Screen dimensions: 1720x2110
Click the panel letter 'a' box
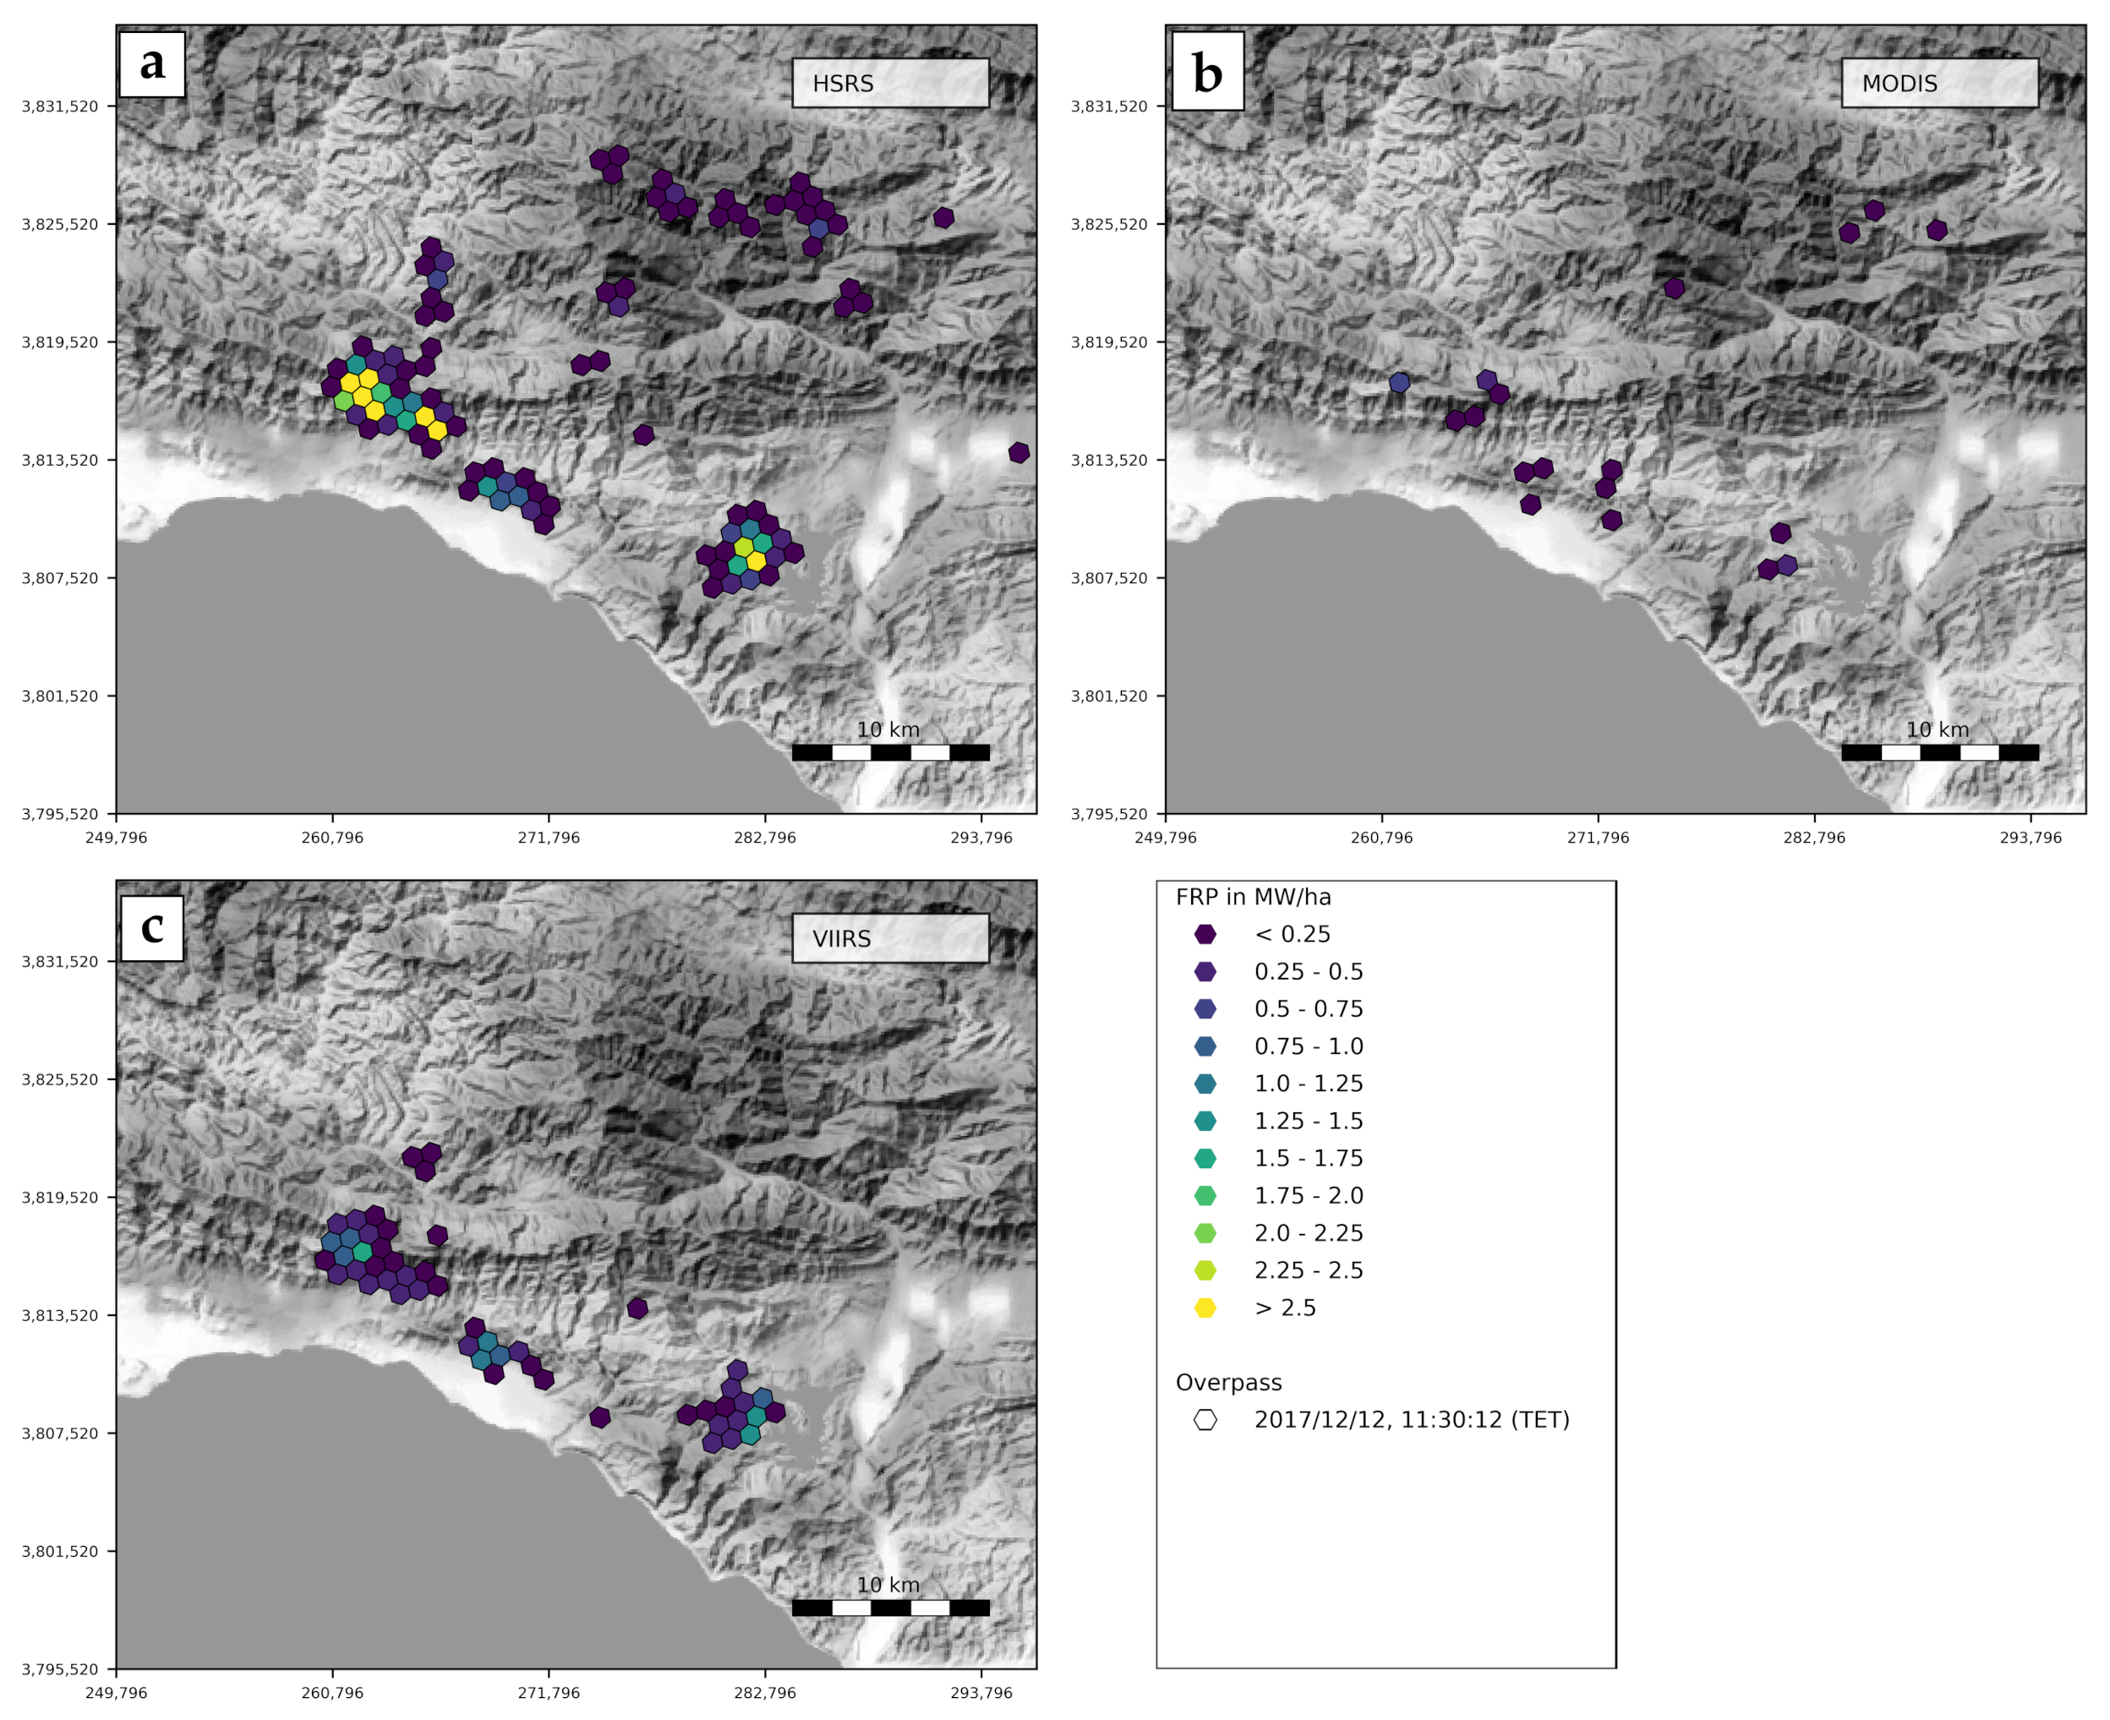click(x=151, y=64)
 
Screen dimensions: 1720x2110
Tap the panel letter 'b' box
click(x=1207, y=71)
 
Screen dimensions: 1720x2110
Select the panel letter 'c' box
click(x=151, y=927)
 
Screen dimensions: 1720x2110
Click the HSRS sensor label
click(x=889, y=83)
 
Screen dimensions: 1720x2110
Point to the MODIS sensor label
click(x=1938, y=83)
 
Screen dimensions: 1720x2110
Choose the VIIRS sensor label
click(x=889, y=938)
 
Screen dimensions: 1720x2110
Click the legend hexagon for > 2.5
click(x=1205, y=1308)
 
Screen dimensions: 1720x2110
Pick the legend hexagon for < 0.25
click(x=1205, y=934)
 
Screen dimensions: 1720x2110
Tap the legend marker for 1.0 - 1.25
click(x=1205, y=1084)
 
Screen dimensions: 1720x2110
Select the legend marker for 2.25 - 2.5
click(x=1205, y=1270)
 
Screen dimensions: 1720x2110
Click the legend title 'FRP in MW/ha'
click(x=1253, y=898)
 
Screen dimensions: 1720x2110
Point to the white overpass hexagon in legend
click(x=1205, y=1420)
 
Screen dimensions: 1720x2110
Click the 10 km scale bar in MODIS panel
click(x=1938, y=753)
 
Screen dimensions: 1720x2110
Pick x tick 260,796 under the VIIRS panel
click(x=332, y=1693)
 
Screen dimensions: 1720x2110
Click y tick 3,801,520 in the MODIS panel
click(x=1109, y=696)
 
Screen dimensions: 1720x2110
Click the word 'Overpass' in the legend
click(x=1228, y=1383)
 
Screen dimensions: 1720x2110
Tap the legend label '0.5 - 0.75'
click(x=1309, y=1008)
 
